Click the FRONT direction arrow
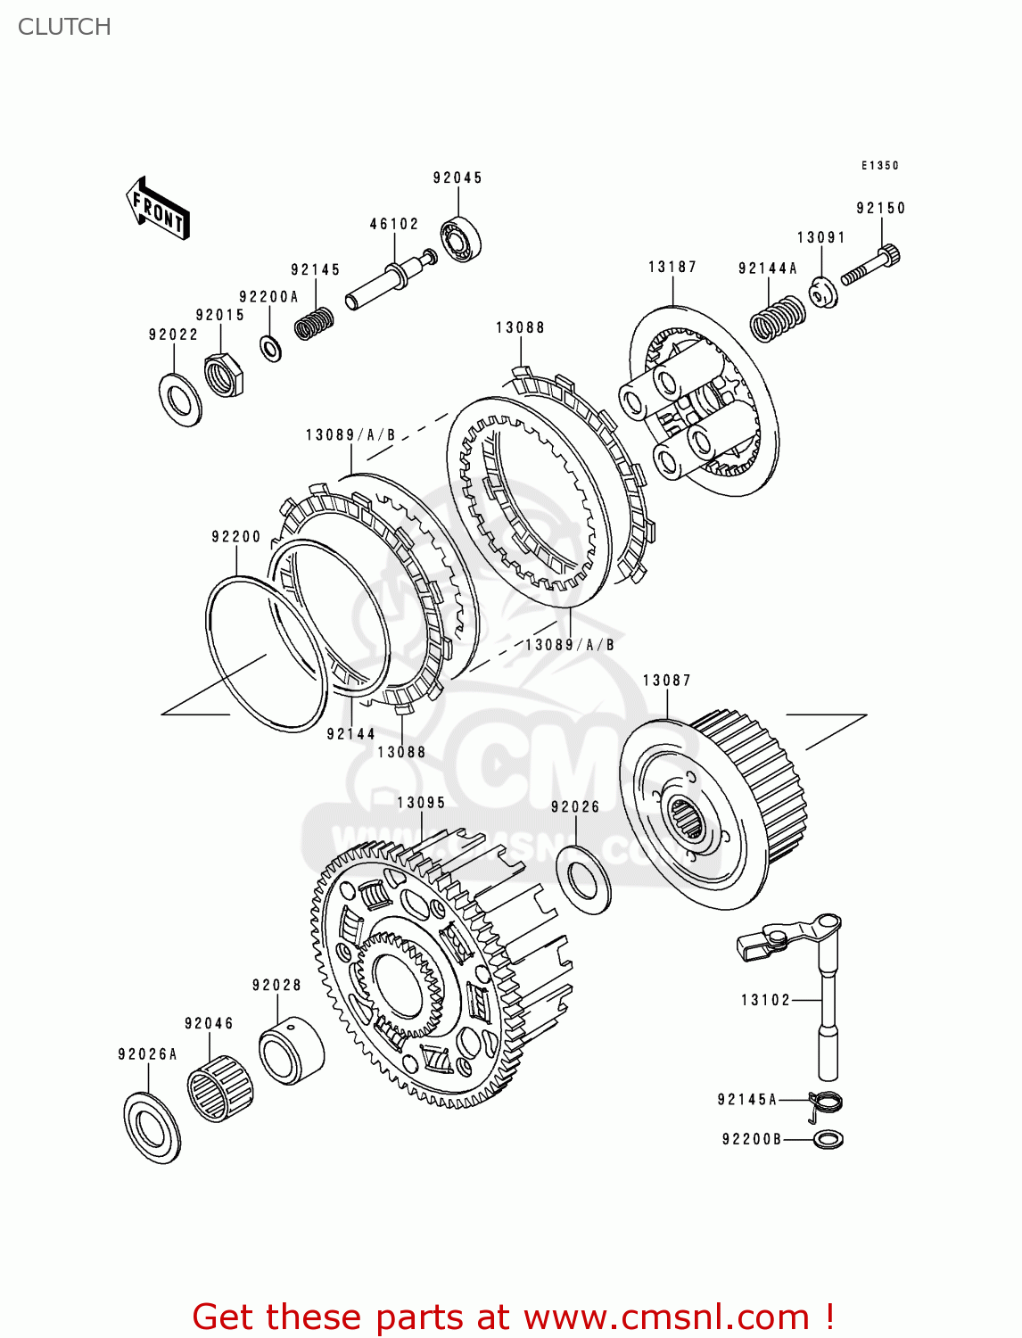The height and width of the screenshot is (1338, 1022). [158, 208]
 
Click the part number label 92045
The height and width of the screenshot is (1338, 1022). [457, 178]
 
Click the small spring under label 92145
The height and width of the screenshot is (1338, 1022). [314, 322]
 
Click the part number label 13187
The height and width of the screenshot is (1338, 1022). [672, 267]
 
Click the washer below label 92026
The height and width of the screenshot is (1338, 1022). [583, 880]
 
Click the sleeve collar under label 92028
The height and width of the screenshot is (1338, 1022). [291, 1051]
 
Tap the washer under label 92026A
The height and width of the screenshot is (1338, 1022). [152, 1127]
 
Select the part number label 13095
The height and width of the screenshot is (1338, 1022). [421, 803]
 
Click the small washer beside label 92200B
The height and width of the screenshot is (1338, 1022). [828, 1139]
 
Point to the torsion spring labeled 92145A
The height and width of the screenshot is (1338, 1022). [826, 1104]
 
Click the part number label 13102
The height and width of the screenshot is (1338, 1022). [765, 1000]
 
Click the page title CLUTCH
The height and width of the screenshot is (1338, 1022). [64, 27]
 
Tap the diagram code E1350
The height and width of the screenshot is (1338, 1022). [879, 165]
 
